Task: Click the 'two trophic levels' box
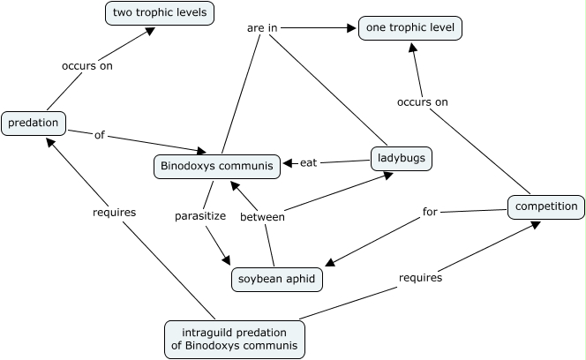159,13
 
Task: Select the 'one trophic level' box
410,28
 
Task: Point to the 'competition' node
545,207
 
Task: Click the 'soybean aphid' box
276,280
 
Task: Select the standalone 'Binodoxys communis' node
217,165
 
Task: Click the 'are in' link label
261,28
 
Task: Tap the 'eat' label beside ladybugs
308,162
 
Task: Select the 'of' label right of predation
99,135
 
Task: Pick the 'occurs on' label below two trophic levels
86,65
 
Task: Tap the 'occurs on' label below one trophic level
422,101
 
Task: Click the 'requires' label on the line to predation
113,212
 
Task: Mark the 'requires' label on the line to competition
420,277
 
